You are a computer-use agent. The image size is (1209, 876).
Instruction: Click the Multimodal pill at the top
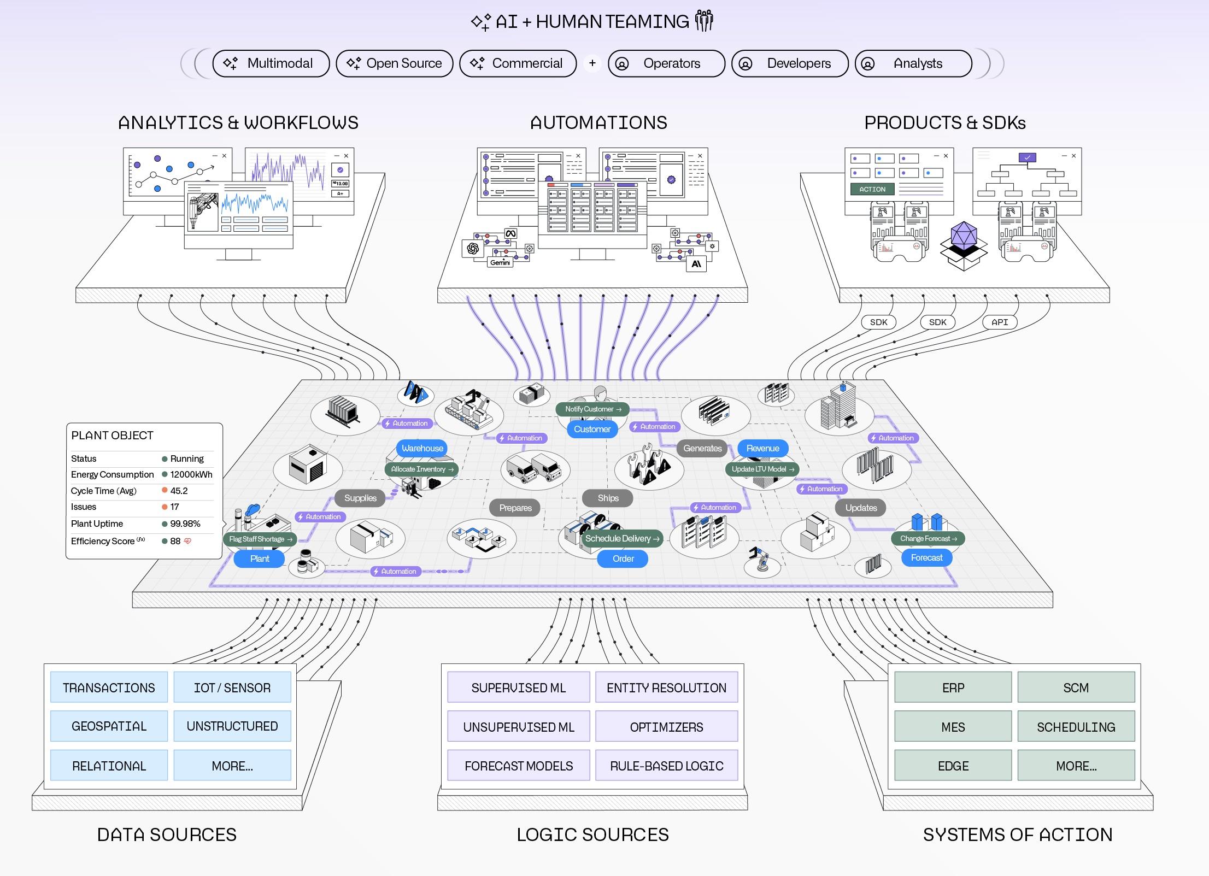coord(271,63)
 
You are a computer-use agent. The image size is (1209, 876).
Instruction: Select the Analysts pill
coord(913,63)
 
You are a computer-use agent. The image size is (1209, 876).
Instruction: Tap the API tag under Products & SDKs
coord(1000,322)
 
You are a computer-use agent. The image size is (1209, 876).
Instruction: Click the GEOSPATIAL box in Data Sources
coord(109,726)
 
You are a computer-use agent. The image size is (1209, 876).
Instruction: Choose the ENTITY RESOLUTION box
coord(666,687)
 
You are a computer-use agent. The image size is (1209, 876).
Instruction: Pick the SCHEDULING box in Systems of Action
coord(1076,727)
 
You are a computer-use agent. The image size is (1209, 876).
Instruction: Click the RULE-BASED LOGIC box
coord(666,766)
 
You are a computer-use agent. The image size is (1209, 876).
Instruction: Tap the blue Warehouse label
coord(422,448)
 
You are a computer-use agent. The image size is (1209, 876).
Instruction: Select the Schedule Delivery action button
coord(622,538)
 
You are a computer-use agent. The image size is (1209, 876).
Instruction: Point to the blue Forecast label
coord(926,557)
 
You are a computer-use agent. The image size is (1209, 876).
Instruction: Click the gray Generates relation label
coord(702,448)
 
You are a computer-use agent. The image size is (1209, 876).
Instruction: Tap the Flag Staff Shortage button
coord(260,539)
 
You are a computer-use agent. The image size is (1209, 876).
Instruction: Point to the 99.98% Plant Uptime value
coord(185,524)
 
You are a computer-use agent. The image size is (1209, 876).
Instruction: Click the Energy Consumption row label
coord(112,474)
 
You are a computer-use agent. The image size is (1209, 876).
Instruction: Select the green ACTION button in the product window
coord(872,189)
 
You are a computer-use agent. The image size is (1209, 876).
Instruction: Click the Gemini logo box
coord(500,262)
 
